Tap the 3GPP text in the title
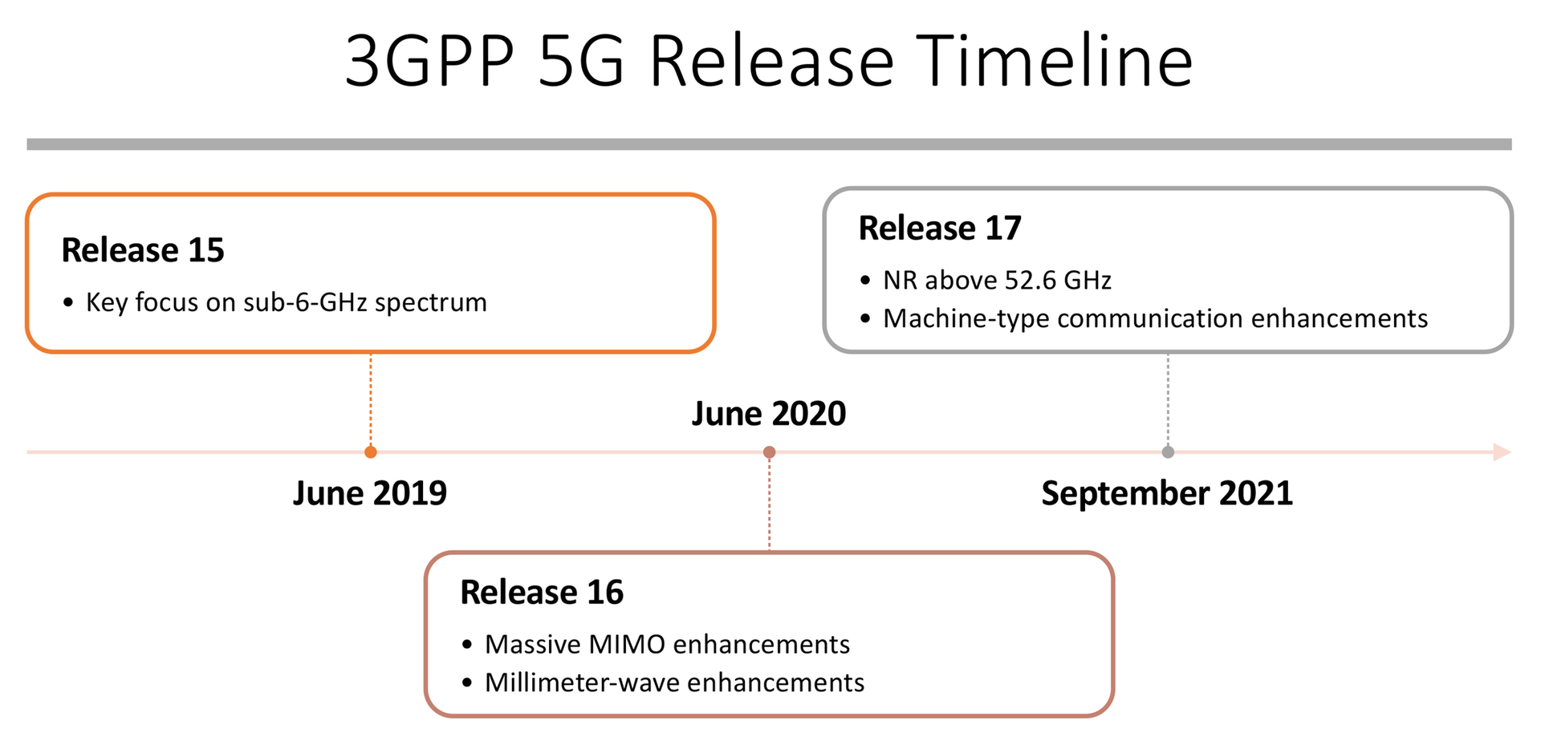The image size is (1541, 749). coord(429,61)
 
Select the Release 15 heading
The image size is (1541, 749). coord(143,250)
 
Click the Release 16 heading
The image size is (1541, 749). coord(542,593)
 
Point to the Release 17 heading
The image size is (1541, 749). coord(940,229)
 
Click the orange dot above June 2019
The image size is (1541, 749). coord(371,452)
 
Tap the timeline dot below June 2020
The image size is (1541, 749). coord(769,452)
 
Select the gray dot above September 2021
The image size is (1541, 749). coord(1168,452)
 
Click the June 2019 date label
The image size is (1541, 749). coord(370,493)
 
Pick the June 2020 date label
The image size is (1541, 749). coord(769,414)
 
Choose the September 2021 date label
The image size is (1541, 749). coord(1167,493)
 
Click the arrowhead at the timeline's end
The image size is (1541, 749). coord(1502,452)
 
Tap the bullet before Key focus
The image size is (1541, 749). coord(68,303)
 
